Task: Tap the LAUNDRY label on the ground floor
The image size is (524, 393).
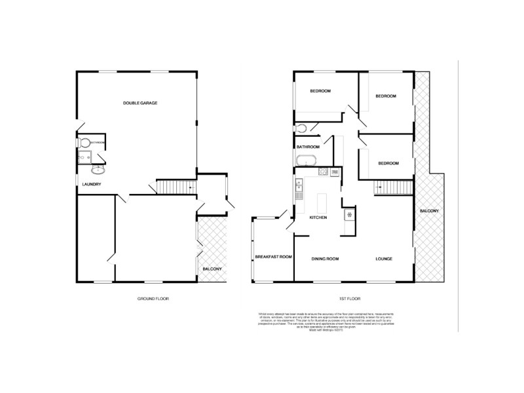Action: point(91,184)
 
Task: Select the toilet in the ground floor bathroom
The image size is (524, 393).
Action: point(85,143)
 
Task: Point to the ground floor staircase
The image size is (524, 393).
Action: point(176,188)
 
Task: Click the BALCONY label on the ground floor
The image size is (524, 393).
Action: point(212,269)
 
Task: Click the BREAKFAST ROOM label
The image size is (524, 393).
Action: point(272,257)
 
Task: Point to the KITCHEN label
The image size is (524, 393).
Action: point(319,217)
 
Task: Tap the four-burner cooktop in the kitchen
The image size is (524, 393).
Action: point(323,172)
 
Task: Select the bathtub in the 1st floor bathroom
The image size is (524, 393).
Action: point(306,160)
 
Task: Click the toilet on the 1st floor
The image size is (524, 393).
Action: point(302,127)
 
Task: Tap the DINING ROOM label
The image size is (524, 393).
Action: point(325,259)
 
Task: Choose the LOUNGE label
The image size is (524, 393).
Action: point(384,259)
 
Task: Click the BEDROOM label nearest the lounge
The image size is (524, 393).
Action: point(386,162)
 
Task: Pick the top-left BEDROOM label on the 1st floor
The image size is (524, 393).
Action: point(320,90)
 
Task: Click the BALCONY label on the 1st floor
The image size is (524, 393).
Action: point(429,210)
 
